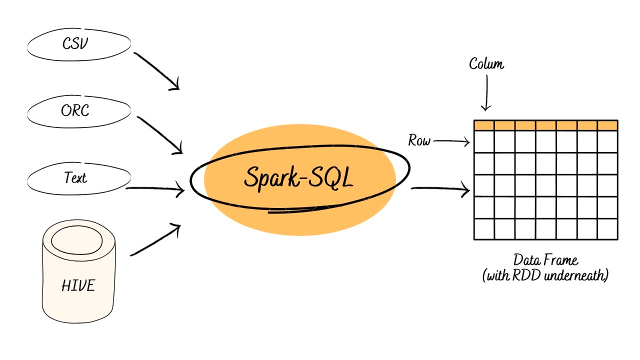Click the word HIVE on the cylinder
click(x=78, y=286)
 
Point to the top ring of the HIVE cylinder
click(x=79, y=242)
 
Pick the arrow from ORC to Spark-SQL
click(x=159, y=135)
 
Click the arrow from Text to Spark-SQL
click(x=155, y=189)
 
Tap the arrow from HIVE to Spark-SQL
click(x=155, y=240)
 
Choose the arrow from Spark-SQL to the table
click(x=440, y=189)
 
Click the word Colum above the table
click(x=486, y=64)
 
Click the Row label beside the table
click(x=419, y=141)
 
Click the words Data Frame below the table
click(x=545, y=260)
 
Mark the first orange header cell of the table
click(x=484, y=125)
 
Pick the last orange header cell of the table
click(x=607, y=125)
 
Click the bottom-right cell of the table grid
click(x=607, y=229)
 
